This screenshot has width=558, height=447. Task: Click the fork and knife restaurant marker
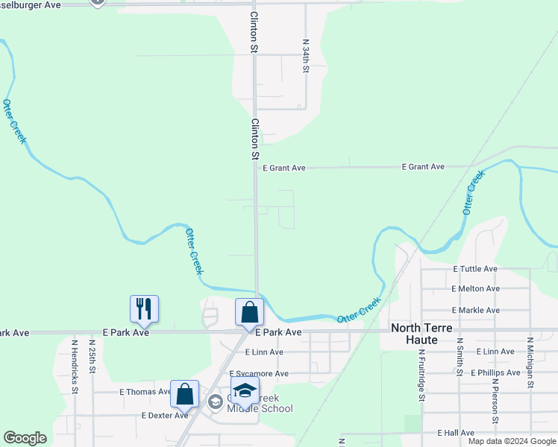(x=145, y=308)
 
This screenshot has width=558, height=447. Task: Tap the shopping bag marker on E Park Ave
(x=249, y=311)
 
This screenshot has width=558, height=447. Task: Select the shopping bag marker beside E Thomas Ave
(x=184, y=393)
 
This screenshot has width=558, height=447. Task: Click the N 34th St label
(x=305, y=56)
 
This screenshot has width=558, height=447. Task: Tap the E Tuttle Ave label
(x=475, y=269)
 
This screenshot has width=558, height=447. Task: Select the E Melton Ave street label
(x=475, y=288)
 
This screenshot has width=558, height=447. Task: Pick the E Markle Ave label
(x=475, y=310)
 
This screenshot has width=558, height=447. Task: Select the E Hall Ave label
(x=457, y=432)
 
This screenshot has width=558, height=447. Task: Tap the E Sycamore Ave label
(x=259, y=374)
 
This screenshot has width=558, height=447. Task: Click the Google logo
(x=25, y=438)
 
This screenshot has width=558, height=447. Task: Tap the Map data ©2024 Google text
(x=512, y=441)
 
